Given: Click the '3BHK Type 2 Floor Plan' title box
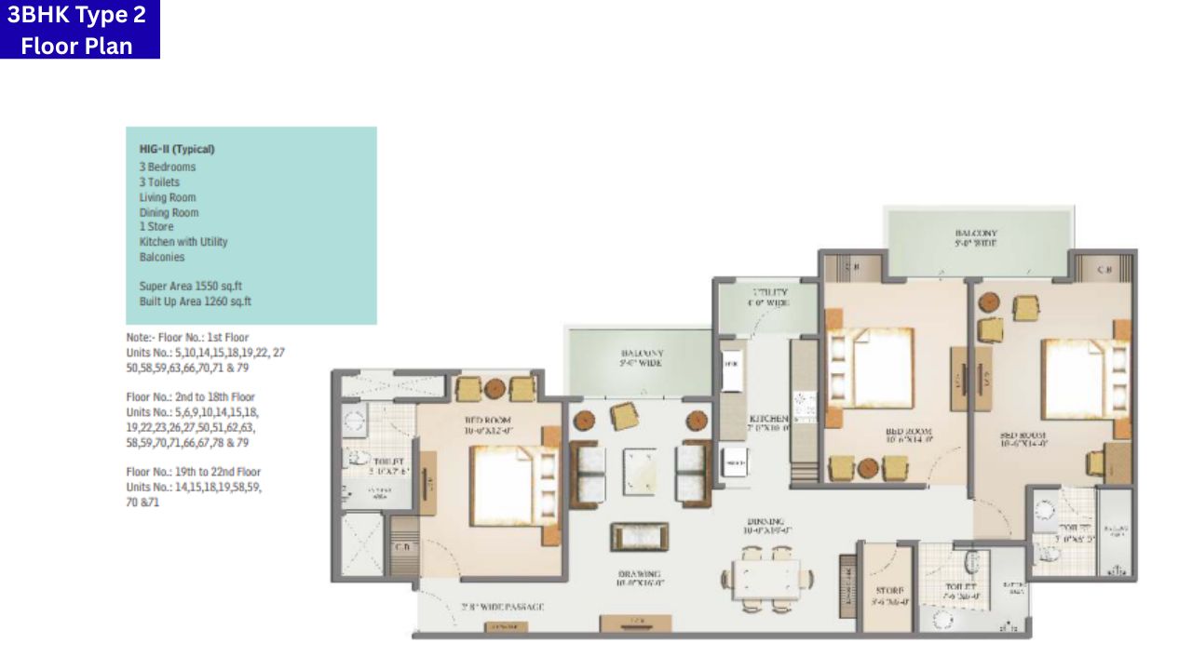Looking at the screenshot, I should [x=79, y=30].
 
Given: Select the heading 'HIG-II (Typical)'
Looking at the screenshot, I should [x=177, y=149].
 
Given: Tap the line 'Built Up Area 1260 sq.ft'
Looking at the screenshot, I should [x=196, y=301].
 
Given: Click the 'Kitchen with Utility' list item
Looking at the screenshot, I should [x=183, y=242].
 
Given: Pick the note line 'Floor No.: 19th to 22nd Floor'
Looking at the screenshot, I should [x=194, y=472].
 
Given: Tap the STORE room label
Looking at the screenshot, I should [x=889, y=591].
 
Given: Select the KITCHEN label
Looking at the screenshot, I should [x=769, y=420].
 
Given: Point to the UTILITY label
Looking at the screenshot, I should [x=768, y=293].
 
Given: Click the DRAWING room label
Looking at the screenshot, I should [x=638, y=573].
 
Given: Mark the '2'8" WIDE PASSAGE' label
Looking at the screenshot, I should [x=502, y=608].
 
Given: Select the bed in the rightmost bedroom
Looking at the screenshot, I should [x=1076, y=379].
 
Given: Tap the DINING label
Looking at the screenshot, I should [x=764, y=522].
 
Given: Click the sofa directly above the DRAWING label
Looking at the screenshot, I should [x=639, y=538].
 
